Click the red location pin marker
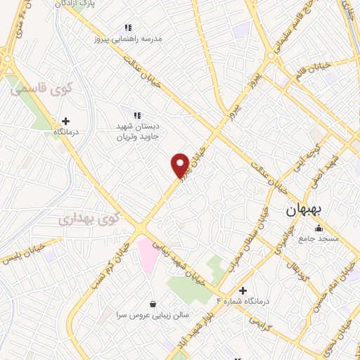coord(180,165)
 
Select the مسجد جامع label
coord(319,238)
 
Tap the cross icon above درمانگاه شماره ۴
coord(243,290)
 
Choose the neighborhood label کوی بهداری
coord(89,219)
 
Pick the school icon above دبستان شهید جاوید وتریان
coord(137,115)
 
